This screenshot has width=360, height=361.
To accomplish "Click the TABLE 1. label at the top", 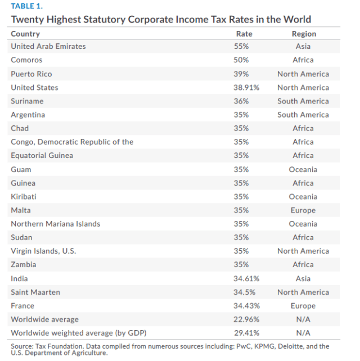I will click(x=26, y=7).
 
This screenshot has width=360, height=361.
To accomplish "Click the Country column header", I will click(x=25, y=34).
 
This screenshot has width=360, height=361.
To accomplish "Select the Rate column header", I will click(x=244, y=34).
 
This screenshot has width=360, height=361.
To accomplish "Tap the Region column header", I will click(x=304, y=34).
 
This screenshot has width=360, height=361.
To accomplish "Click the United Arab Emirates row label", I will click(x=48, y=47).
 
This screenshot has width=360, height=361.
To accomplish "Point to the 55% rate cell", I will click(x=242, y=47).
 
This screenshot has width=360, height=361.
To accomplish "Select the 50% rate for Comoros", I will click(x=242, y=60).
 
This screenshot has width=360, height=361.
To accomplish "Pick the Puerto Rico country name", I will click(x=31, y=74).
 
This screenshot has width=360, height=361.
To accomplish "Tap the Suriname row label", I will click(x=27, y=101).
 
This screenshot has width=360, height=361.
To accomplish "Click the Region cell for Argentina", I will click(x=303, y=115).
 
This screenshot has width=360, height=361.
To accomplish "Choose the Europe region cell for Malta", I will click(x=304, y=210).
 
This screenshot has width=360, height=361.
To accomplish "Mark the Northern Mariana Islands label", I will click(x=56, y=224).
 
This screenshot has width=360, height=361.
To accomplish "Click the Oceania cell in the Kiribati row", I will click(x=304, y=197).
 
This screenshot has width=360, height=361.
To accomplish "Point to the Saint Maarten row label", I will click(x=35, y=292).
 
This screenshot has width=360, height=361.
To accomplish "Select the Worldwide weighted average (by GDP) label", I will click(x=75, y=333).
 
